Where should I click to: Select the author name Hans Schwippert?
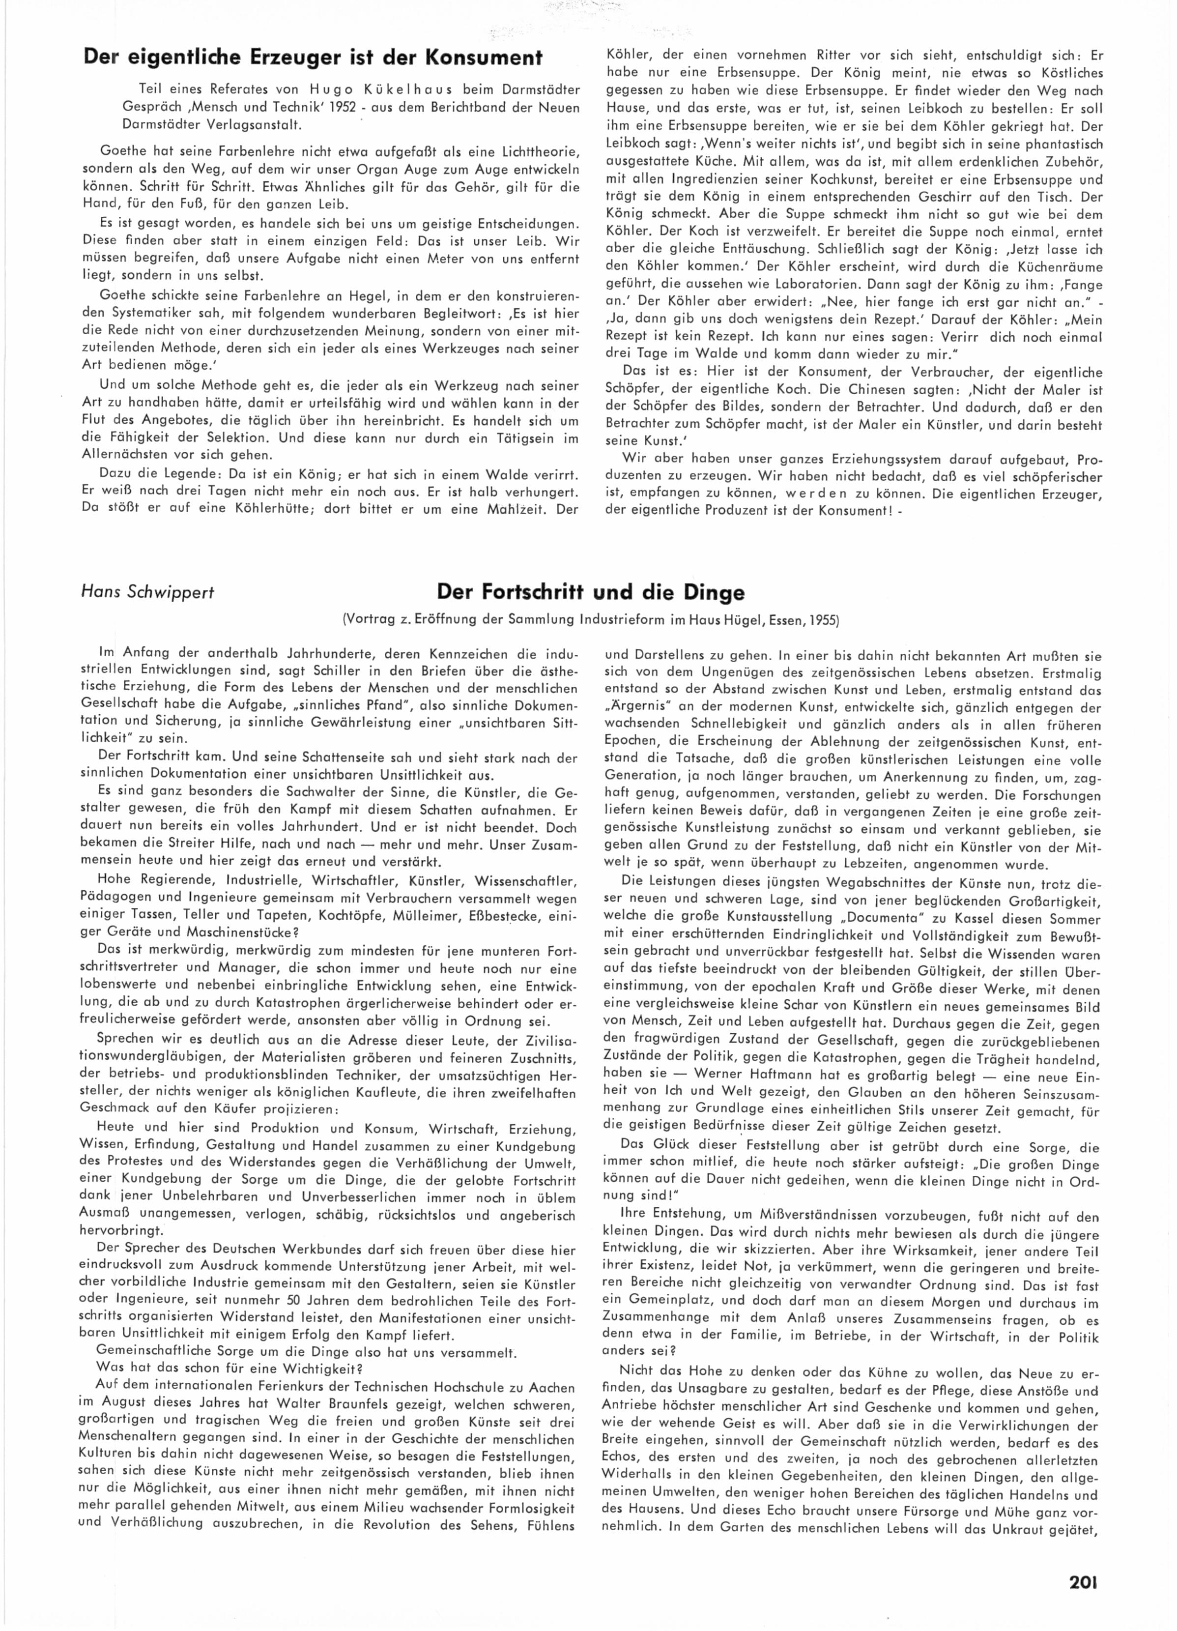[148, 593]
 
